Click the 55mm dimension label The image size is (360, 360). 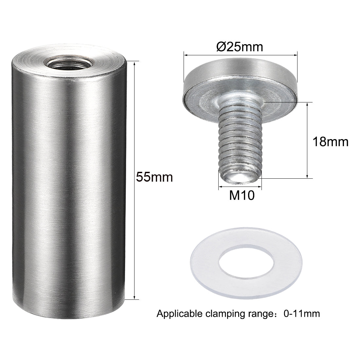tap(154, 177)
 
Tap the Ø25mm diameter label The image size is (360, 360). tap(240, 47)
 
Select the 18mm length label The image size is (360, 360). tap(331, 142)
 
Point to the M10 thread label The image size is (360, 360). tap(242, 195)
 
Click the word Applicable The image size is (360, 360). tap(180, 314)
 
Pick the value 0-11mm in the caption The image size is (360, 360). tap(302, 314)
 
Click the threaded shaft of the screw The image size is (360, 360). tap(240, 138)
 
